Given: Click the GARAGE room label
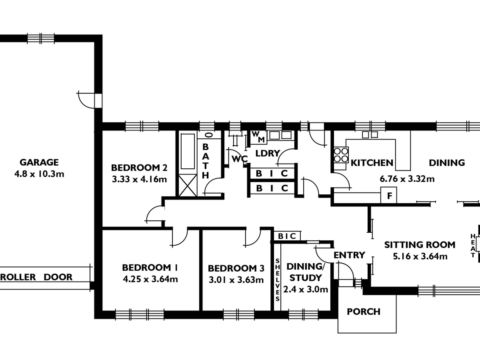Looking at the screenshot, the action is pyautogui.click(x=39, y=162).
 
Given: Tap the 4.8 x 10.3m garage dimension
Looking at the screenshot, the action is pyautogui.click(x=39, y=174).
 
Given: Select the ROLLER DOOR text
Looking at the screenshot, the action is pyautogui.click(x=36, y=277).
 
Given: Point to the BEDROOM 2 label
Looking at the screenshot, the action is pyautogui.click(x=139, y=168).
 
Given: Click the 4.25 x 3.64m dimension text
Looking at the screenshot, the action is pyautogui.click(x=150, y=279).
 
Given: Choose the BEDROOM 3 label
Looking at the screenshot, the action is pyautogui.click(x=236, y=268).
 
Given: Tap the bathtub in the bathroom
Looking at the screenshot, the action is pyautogui.click(x=188, y=152).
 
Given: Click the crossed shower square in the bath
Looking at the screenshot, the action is pyautogui.click(x=188, y=185).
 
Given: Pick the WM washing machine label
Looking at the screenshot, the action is pyautogui.click(x=258, y=137).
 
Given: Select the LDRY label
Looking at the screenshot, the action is pyautogui.click(x=268, y=154).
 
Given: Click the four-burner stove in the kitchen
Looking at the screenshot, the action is pyautogui.click(x=341, y=155).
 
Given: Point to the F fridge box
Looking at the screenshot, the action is pyautogui.click(x=388, y=195).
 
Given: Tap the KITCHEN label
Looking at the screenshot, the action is pyautogui.click(x=372, y=163).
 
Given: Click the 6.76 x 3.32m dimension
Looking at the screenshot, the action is pyautogui.click(x=407, y=179).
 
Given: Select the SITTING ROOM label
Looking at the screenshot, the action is pyautogui.click(x=420, y=245).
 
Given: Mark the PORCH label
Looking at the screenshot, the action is pyautogui.click(x=364, y=312).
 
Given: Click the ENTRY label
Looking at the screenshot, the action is pyautogui.click(x=349, y=255).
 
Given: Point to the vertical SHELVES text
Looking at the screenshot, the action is pyautogui.click(x=278, y=280).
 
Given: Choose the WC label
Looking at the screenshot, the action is pyautogui.click(x=240, y=159).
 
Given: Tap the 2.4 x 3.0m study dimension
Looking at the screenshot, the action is pyautogui.click(x=306, y=290).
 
